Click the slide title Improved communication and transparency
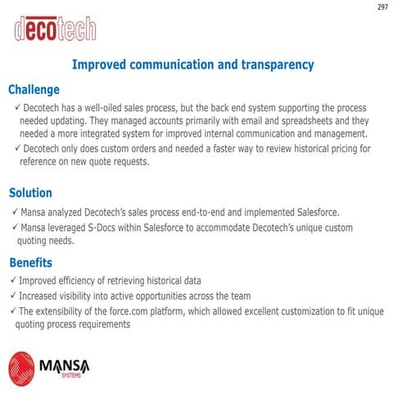[193, 64]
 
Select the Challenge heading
[34, 89]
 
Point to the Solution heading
[30, 193]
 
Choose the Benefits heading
[30, 263]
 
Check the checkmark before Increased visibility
[11, 296]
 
